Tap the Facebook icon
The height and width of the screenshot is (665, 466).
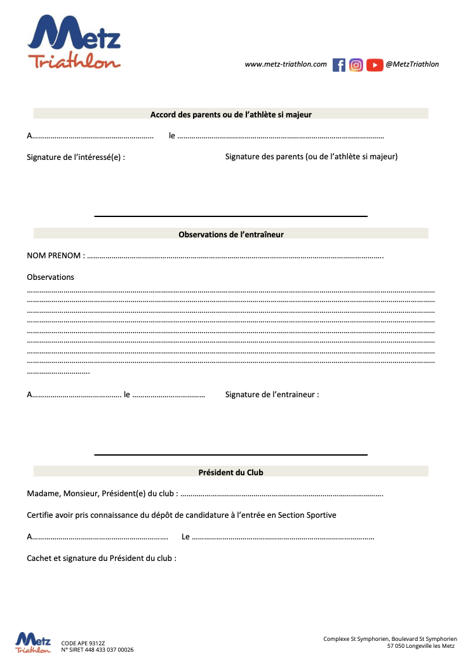[x=339, y=65]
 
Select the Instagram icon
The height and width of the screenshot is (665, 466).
[x=356, y=65]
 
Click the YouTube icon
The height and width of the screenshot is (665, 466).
[x=375, y=65]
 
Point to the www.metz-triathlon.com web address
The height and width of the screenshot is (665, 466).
[x=286, y=64]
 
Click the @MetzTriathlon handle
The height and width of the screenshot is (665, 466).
[x=413, y=64]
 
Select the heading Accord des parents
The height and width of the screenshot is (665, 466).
[x=231, y=114]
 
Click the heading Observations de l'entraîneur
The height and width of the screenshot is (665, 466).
[x=231, y=234]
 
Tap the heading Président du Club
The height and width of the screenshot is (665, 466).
[x=231, y=472]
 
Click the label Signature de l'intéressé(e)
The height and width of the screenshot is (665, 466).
[x=76, y=157]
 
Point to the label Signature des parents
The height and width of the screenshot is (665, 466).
[x=311, y=156]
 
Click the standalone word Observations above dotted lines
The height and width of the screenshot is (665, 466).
[x=50, y=277]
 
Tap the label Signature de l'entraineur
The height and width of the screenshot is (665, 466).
[x=272, y=394]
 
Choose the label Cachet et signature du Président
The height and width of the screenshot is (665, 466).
[x=101, y=558]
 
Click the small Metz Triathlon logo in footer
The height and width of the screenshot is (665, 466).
[x=33, y=642]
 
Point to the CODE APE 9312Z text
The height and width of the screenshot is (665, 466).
[x=83, y=642]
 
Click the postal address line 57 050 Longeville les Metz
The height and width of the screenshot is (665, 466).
[x=421, y=646]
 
